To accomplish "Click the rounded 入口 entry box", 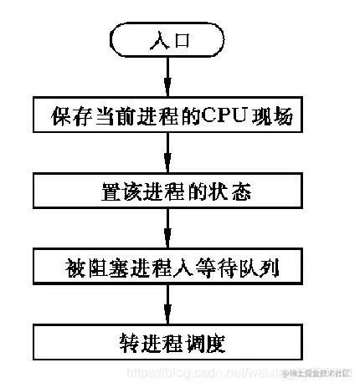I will coord(168,40).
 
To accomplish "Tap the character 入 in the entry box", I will coord(157,40).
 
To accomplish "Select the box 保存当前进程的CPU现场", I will coord(168,115).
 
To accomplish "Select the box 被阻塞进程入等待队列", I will coord(168,267).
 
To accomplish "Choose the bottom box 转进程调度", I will coord(168,343).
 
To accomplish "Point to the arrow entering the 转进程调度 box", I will coord(168,304).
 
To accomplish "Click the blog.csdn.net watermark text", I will coord(201,372).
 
